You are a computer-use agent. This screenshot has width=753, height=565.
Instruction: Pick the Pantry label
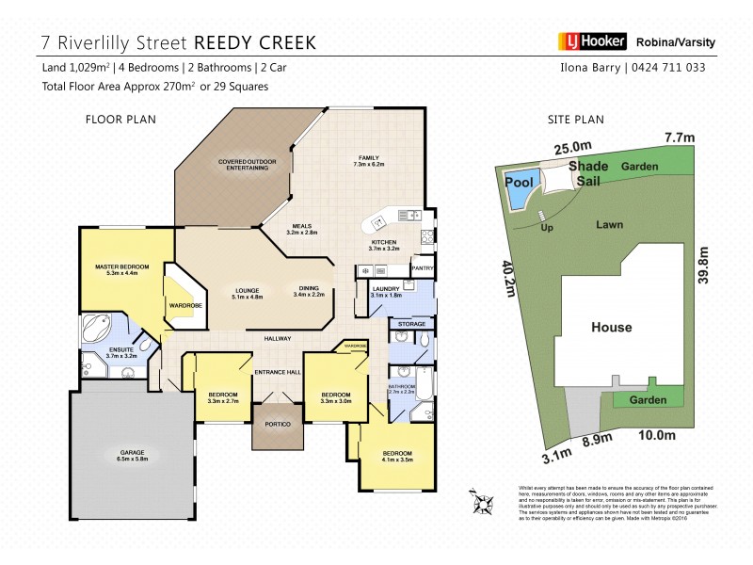pyautogui.click(x=423, y=267)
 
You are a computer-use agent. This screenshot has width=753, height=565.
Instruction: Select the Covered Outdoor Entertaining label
pyautogui.click(x=248, y=165)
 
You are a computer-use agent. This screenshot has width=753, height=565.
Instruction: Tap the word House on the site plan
pyautogui.click(x=611, y=328)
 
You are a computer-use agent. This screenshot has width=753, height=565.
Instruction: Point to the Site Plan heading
pyautogui.click(x=575, y=119)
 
